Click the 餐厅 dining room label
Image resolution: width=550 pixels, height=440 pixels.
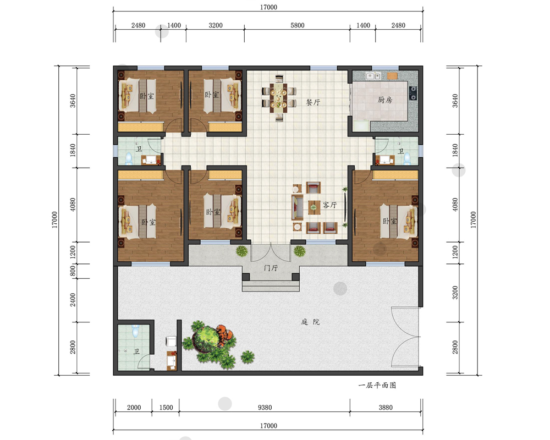tap(313, 102)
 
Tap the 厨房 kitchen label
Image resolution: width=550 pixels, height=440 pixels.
tap(385, 100)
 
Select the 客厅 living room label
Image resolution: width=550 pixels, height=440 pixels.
tap(329, 205)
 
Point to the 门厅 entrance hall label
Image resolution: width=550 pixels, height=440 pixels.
tap(271, 268)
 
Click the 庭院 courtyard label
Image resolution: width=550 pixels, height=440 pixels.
tap(310, 322)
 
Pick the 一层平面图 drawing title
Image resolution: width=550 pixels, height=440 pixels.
tap(377, 385)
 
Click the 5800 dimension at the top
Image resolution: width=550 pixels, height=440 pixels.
tap(298, 25)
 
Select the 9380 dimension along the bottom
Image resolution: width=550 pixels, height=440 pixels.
tap(265, 408)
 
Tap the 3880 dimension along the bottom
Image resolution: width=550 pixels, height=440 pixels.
tap(386, 408)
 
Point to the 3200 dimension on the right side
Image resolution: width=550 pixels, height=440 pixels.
tap(455, 293)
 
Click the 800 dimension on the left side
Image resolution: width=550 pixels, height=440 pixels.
tap(73, 271)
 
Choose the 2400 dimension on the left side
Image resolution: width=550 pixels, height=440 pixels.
tap(73, 300)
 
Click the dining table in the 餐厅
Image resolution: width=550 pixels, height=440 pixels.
tap(278, 98)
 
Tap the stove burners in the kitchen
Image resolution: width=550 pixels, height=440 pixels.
tap(414, 93)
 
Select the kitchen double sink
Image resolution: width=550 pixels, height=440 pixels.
tap(373, 76)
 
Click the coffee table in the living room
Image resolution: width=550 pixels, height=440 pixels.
tap(314, 207)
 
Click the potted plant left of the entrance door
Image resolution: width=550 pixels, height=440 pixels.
tap(241, 251)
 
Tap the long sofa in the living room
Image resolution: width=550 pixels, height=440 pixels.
tap(298, 207)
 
